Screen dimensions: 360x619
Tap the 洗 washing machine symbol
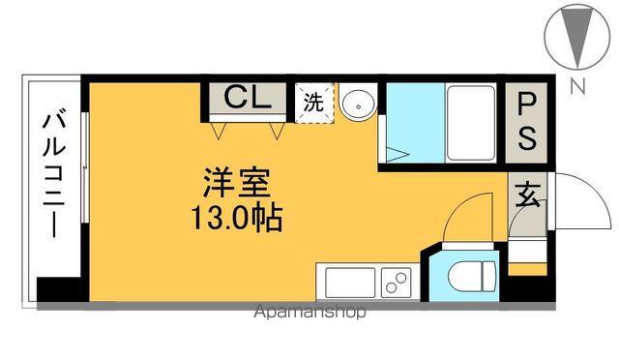tap(314, 100)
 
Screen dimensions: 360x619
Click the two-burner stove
tap(395, 282)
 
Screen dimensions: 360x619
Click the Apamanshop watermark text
tap(309, 313)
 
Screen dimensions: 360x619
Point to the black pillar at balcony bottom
tap(51, 288)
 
